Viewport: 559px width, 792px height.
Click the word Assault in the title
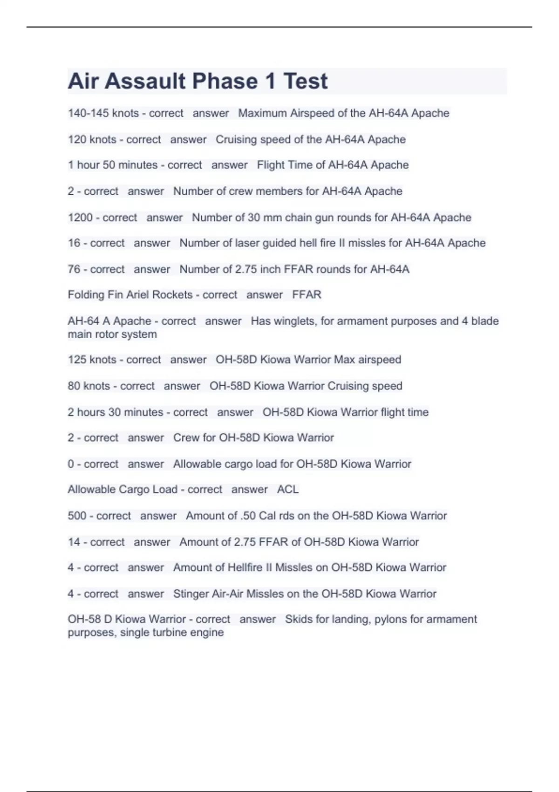click(145, 81)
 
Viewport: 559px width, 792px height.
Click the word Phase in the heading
click(225, 81)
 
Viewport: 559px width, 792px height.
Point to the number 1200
click(80, 218)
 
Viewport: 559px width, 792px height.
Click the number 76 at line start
click(74, 269)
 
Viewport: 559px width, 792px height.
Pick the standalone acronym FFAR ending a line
click(307, 295)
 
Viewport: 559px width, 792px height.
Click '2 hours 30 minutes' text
click(115, 412)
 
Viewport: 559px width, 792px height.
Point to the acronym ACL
click(287, 490)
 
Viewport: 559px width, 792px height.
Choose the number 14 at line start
click(74, 542)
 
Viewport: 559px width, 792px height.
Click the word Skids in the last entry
click(297, 619)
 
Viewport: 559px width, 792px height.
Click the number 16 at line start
click(74, 243)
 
